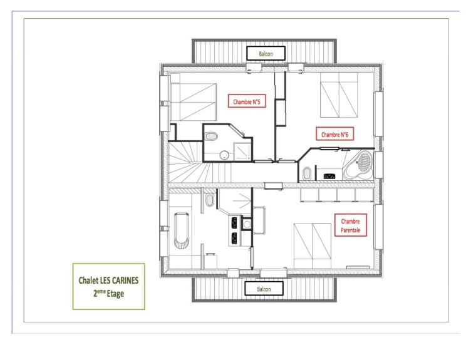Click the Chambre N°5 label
point(247,101)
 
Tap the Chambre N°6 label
point(334,134)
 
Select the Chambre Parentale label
point(351,225)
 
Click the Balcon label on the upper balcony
point(266,53)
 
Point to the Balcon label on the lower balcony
point(264,289)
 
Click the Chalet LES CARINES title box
point(109,286)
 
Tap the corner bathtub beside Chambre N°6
point(359,166)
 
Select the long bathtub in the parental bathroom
point(181,230)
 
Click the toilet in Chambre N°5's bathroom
point(211,136)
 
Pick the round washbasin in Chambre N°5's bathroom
point(224,155)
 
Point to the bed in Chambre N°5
point(194,102)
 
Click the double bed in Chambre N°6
point(339,95)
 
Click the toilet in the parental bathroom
point(210,200)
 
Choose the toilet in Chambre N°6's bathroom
point(307,173)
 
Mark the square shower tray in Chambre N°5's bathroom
point(242,152)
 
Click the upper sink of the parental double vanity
point(234,222)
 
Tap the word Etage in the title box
point(115,294)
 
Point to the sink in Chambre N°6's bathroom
point(329,176)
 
